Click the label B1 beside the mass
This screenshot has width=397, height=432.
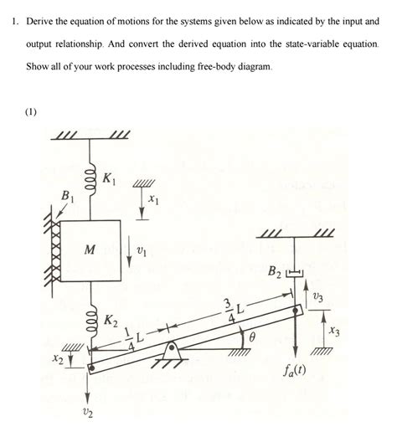pos(61,198)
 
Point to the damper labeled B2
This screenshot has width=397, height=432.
pos(292,272)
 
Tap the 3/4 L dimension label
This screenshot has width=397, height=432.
pos(232,307)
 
